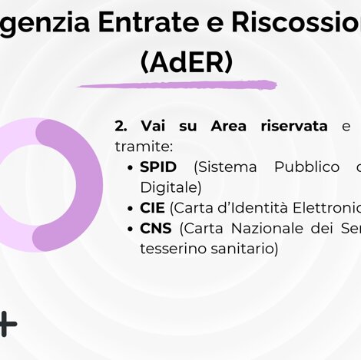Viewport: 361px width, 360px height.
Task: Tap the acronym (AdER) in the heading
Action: (187, 62)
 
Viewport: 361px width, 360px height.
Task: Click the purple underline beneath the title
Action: (177, 84)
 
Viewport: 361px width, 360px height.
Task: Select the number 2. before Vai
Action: (121, 126)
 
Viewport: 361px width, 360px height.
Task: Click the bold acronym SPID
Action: (158, 167)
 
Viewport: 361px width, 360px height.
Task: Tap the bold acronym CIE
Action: (152, 208)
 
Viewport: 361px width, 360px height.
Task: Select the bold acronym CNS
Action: (155, 228)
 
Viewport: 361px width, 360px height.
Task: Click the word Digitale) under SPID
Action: (171, 187)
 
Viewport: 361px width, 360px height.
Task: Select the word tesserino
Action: (170, 248)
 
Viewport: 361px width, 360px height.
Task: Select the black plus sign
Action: (6, 324)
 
